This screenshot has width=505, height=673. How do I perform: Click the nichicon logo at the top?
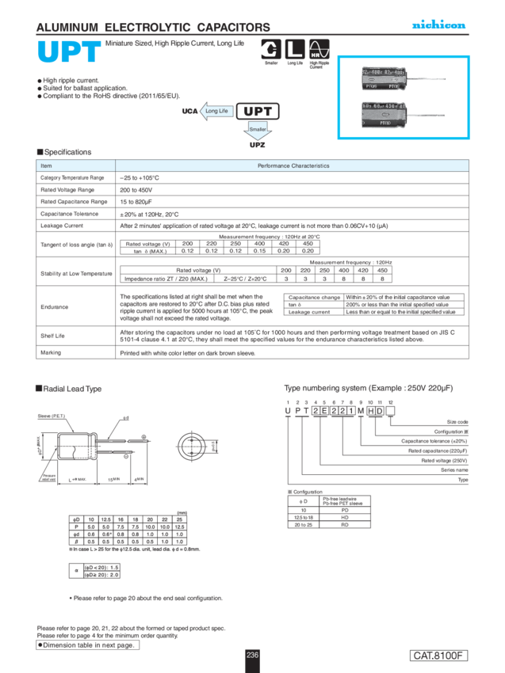(438, 26)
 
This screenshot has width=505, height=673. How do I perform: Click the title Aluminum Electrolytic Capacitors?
(153, 27)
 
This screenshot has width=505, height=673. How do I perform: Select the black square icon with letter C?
(271, 48)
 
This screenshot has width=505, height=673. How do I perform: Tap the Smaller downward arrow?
(258, 129)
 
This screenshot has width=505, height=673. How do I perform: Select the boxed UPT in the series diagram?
(258, 111)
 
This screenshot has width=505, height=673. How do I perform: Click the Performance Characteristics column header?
(293, 165)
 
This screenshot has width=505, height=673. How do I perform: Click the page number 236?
(252, 654)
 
